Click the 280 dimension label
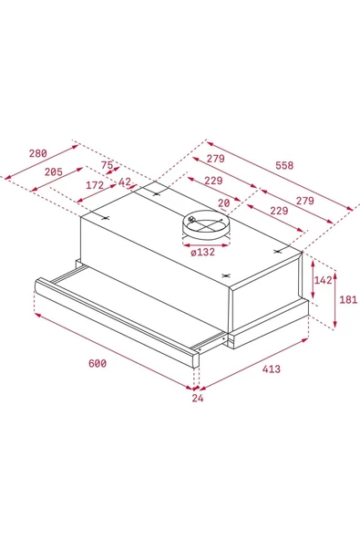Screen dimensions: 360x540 [x=38, y=153]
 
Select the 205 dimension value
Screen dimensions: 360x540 [x=54, y=171]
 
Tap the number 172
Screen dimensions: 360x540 [x=95, y=185]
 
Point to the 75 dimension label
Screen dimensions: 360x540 [x=107, y=165]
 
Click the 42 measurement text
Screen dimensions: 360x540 [x=125, y=182]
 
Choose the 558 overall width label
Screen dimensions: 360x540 [x=284, y=166]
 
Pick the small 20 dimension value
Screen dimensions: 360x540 [x=224, y=203]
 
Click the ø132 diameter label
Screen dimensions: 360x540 [x=203, y=252]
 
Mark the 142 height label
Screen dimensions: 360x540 [x=324, y=280]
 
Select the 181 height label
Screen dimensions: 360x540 [x=349, y=299]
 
